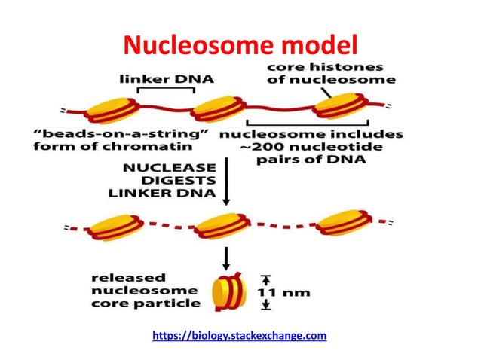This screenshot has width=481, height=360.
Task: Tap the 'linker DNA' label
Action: [165, 78]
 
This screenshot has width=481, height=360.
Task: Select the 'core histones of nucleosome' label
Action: [331, 73]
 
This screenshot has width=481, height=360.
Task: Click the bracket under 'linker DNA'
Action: [165, 90]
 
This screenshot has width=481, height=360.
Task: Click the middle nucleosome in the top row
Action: [216, 111]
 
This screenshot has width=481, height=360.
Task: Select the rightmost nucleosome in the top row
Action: [340, 107]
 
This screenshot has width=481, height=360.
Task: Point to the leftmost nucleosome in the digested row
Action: [115, 224]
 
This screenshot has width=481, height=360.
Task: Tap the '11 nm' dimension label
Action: [286, 292]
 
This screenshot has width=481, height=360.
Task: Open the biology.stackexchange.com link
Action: [239, 335]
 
